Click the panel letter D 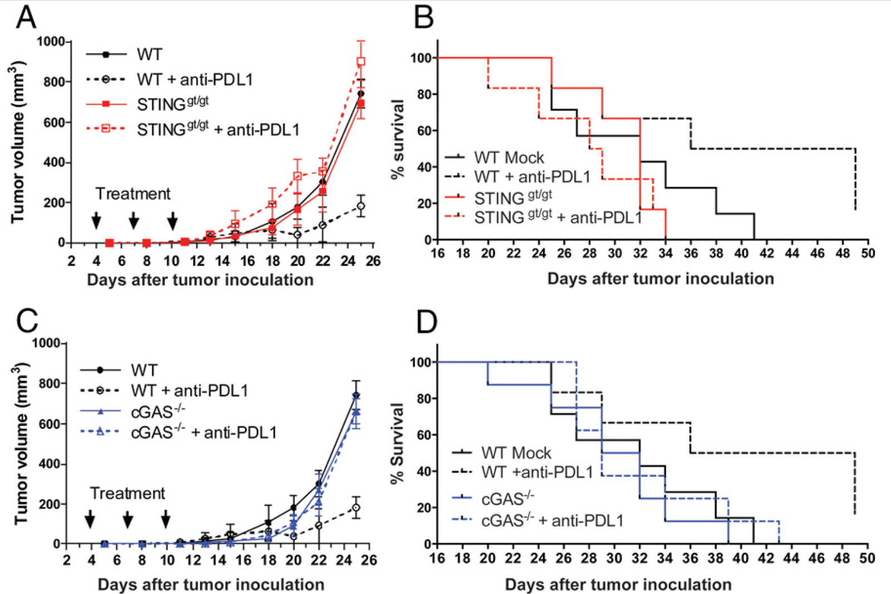pos(427,322)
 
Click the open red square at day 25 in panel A pos(361,61)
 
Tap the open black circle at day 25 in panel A pos(361,206)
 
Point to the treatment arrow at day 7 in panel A pos(134,221)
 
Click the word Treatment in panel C pos(128,493)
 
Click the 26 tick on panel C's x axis pos(369,560)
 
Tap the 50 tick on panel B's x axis pos(868,254)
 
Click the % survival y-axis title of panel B pos(398,139)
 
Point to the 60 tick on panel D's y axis pos(424,435)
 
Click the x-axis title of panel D pos(618,585)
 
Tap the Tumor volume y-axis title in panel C pos(21,443)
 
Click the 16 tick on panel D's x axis pos(438,558)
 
